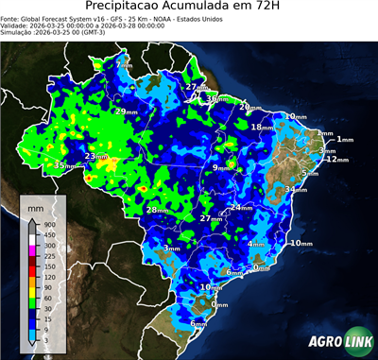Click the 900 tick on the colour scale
(x=50, y=224)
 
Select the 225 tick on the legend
(x=50, y=255)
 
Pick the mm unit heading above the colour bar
(x=36, y=205)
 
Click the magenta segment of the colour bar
(x=33, y=249)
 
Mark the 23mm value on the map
(x=95, y=157)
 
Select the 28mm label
(x=155, y=210)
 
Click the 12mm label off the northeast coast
(x=335, y=160)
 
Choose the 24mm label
(x=241, y=207)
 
